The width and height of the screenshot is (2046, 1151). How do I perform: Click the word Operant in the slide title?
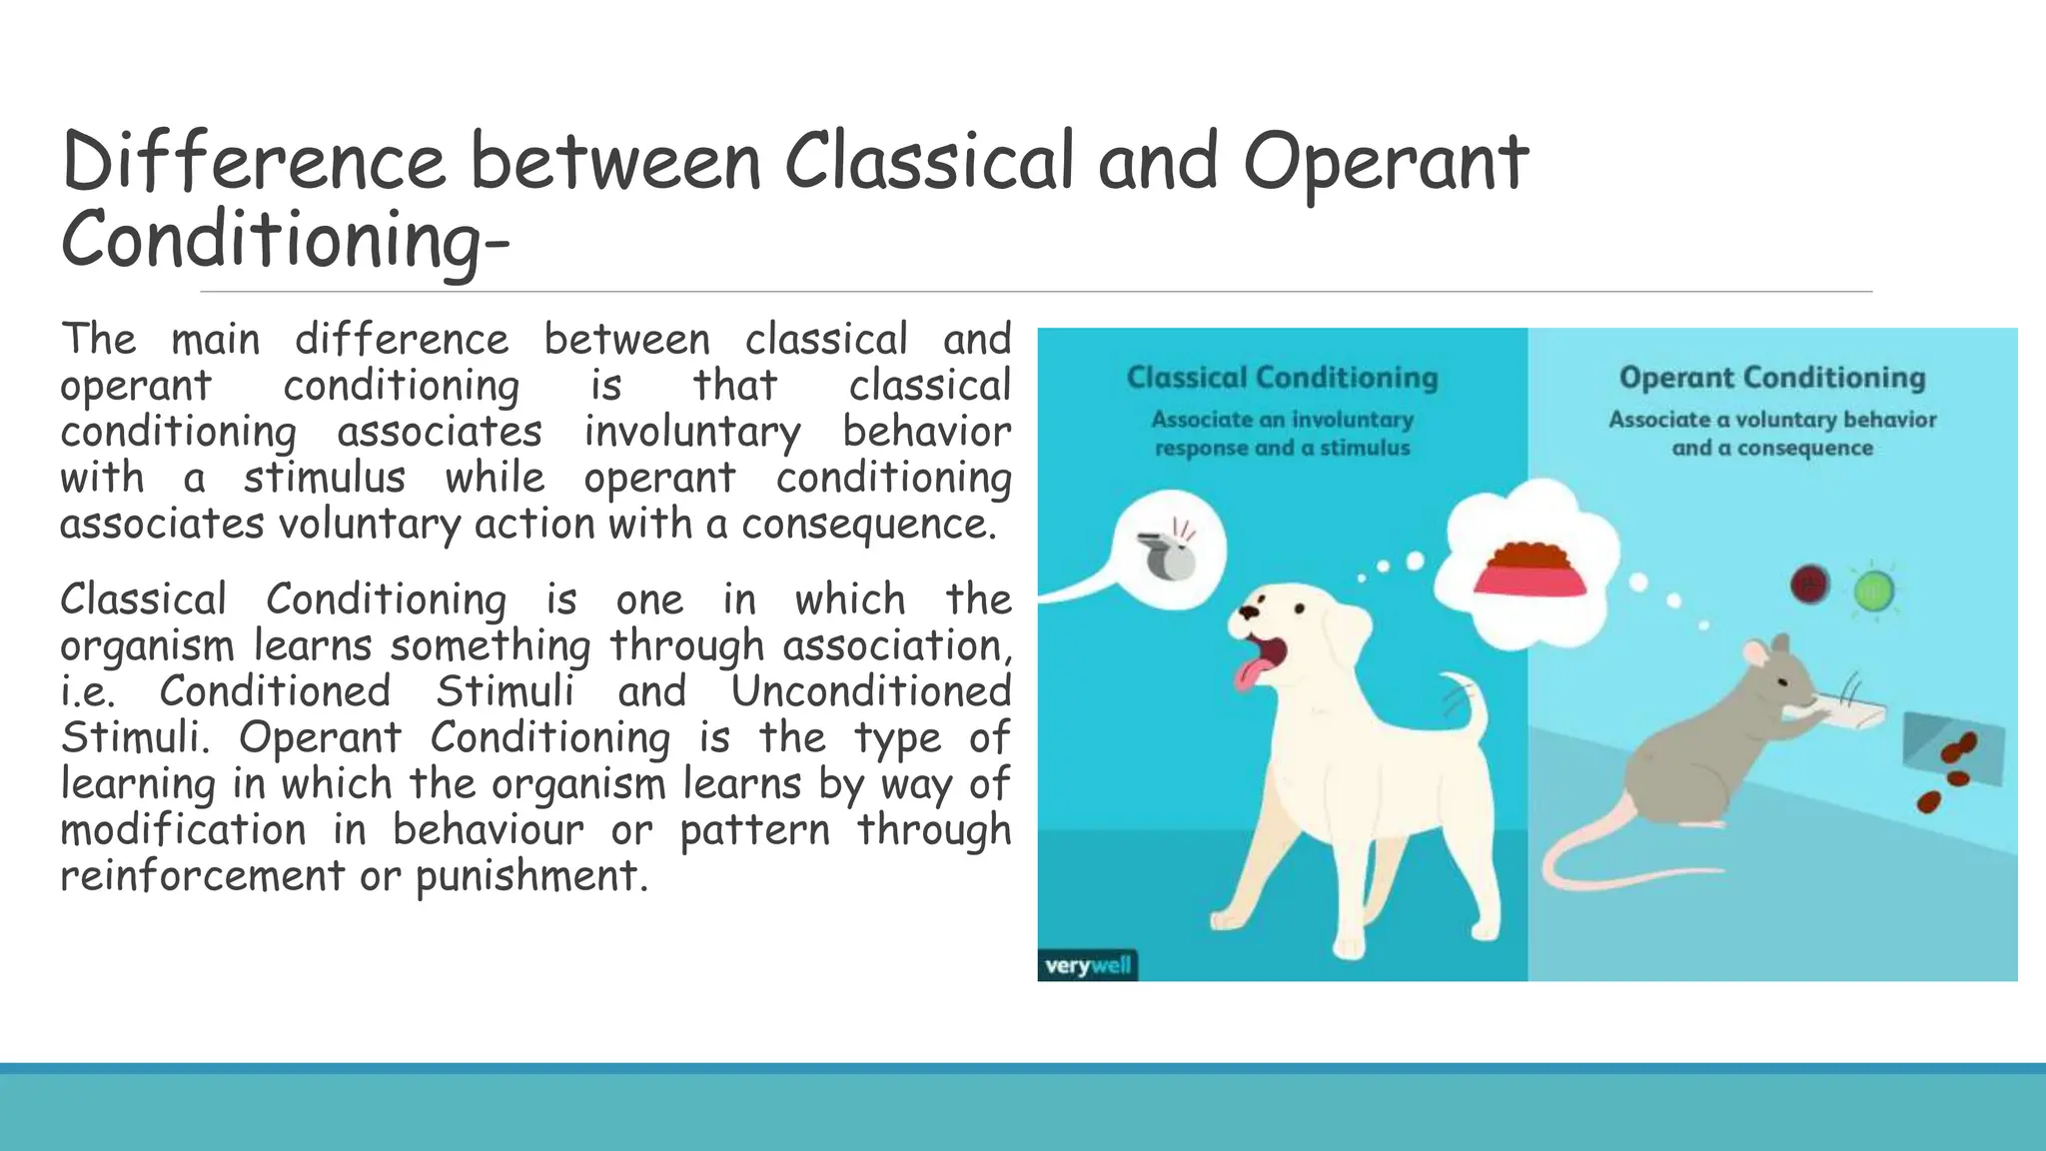1385,162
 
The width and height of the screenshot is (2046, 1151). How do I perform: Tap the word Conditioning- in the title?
285,240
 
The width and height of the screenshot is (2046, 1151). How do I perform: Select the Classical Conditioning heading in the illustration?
1282,378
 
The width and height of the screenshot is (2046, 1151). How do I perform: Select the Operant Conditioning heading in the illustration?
1771,378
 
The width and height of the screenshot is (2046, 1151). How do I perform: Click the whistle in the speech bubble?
1167,556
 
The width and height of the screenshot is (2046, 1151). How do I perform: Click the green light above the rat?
1873,592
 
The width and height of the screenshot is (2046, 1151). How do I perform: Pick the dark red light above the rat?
1810,583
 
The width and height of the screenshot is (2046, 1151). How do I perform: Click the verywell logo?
1088,965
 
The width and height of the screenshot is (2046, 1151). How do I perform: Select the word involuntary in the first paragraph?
692,432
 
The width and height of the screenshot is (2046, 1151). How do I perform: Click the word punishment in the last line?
527,875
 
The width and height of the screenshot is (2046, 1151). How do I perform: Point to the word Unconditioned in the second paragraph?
871,691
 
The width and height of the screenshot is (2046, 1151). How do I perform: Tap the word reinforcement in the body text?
202,875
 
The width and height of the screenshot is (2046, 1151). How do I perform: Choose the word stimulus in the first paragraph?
325,478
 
